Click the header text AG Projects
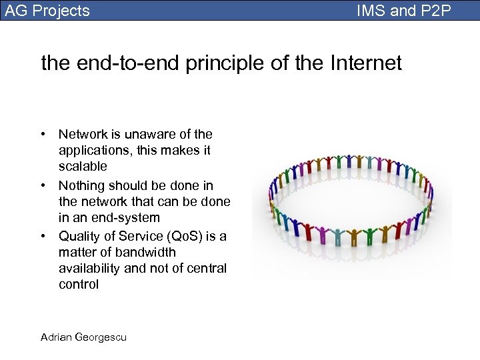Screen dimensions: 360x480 click(47, 11)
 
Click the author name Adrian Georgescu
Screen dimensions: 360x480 click(83, 337)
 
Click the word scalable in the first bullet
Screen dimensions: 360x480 click(83, 167)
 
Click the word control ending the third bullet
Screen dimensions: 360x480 click(79, 284)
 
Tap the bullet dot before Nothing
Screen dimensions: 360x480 click(43, 186)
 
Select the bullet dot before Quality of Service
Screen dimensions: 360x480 click(43, 237)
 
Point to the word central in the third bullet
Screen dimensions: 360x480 click(207, 268)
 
